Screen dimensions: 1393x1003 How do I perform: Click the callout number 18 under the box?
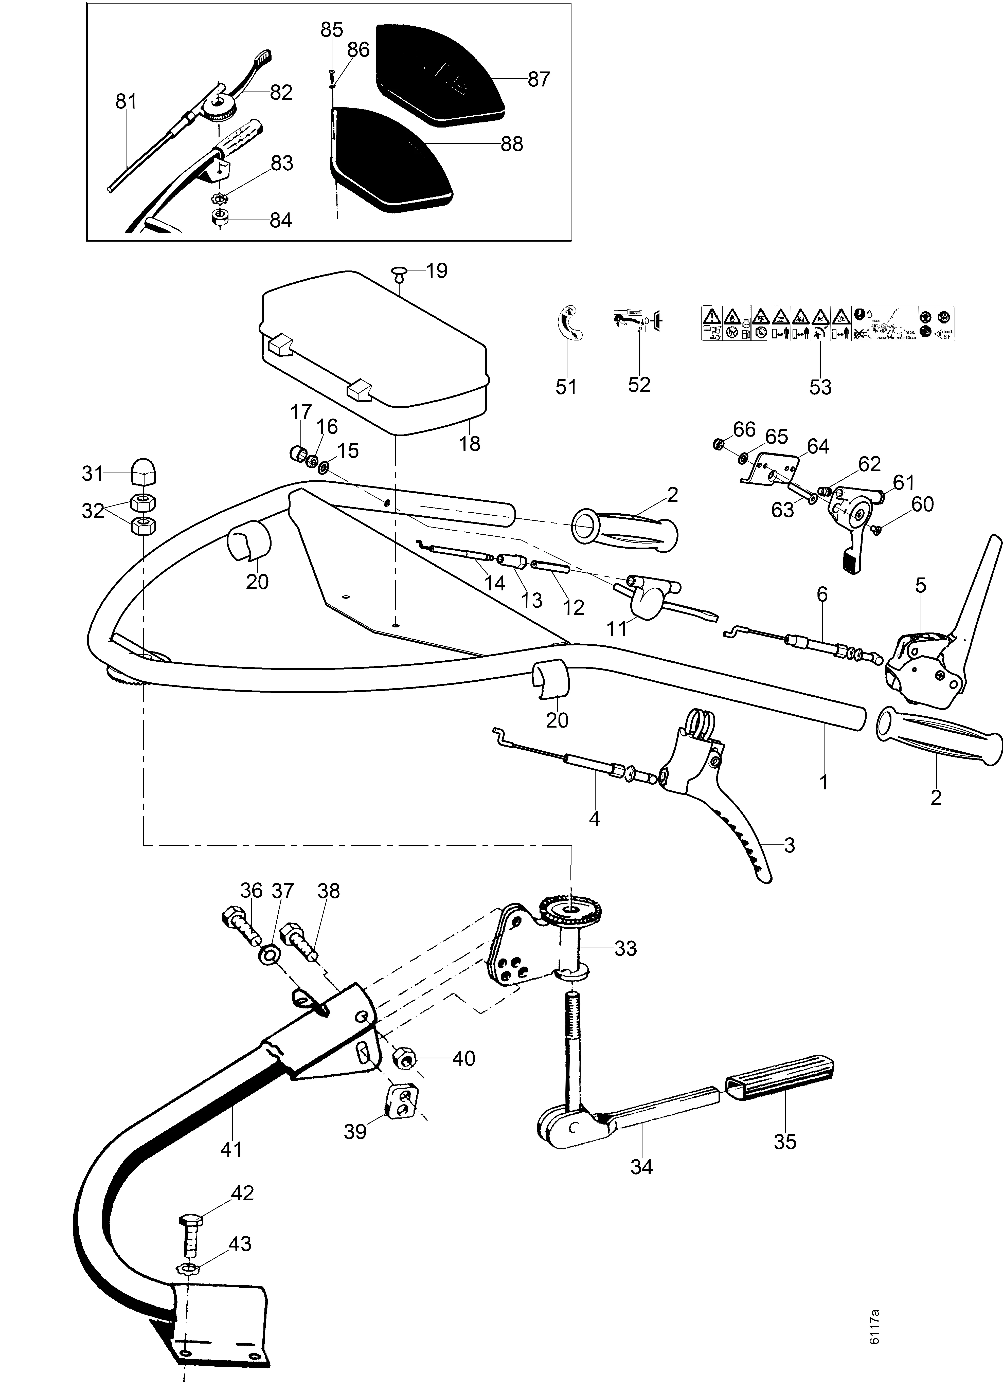click(470, 443)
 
